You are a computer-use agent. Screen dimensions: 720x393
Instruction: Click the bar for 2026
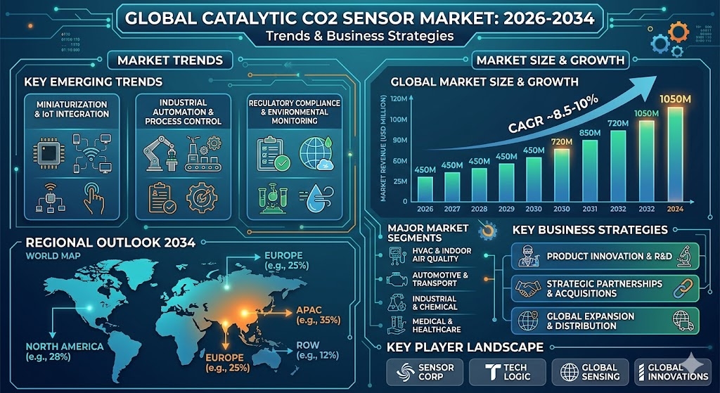click(425, 189)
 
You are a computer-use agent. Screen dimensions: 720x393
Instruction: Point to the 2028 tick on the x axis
click(479, 209)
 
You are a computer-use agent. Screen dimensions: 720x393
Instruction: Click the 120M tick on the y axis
click(399, 98)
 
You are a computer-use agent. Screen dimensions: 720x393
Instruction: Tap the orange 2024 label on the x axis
click(675, 209)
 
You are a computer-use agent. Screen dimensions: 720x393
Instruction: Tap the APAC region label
click(309, 310)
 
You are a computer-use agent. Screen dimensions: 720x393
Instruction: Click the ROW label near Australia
click(308, 345)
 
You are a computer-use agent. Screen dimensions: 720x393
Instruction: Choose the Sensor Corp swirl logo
click(405, 372)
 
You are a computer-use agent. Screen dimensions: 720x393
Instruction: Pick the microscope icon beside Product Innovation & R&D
click(685, 256)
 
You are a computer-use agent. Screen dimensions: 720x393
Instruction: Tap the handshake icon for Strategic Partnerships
click(527, 288)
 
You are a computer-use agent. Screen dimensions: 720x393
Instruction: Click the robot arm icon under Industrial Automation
click(160, 153)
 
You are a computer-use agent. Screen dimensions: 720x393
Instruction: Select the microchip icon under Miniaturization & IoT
click(49, 153)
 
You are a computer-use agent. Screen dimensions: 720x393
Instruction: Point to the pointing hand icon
click(94, 198)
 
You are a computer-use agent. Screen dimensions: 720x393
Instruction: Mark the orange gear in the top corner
click(679, 33)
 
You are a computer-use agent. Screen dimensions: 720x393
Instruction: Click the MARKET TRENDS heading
click(170, 60)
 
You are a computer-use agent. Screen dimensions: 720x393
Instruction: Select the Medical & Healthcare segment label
click(436, 326)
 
